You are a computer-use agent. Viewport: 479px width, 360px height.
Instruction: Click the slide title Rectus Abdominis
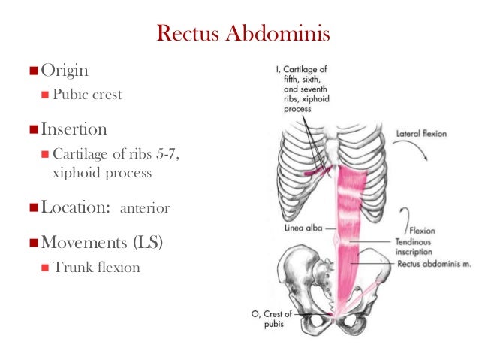pyautogui.click(x=242, y=34)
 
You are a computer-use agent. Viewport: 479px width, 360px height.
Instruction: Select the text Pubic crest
pyautogui.click(x=86, y=95)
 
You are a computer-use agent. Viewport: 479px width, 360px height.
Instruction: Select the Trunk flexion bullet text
pyautogui.click(x=97, y=267)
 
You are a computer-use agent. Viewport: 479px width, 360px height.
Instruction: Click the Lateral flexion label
pyautogui.click(x=421, y=134)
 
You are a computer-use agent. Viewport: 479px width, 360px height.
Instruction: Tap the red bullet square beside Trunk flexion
pyautogui.click(x=45, y=267)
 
